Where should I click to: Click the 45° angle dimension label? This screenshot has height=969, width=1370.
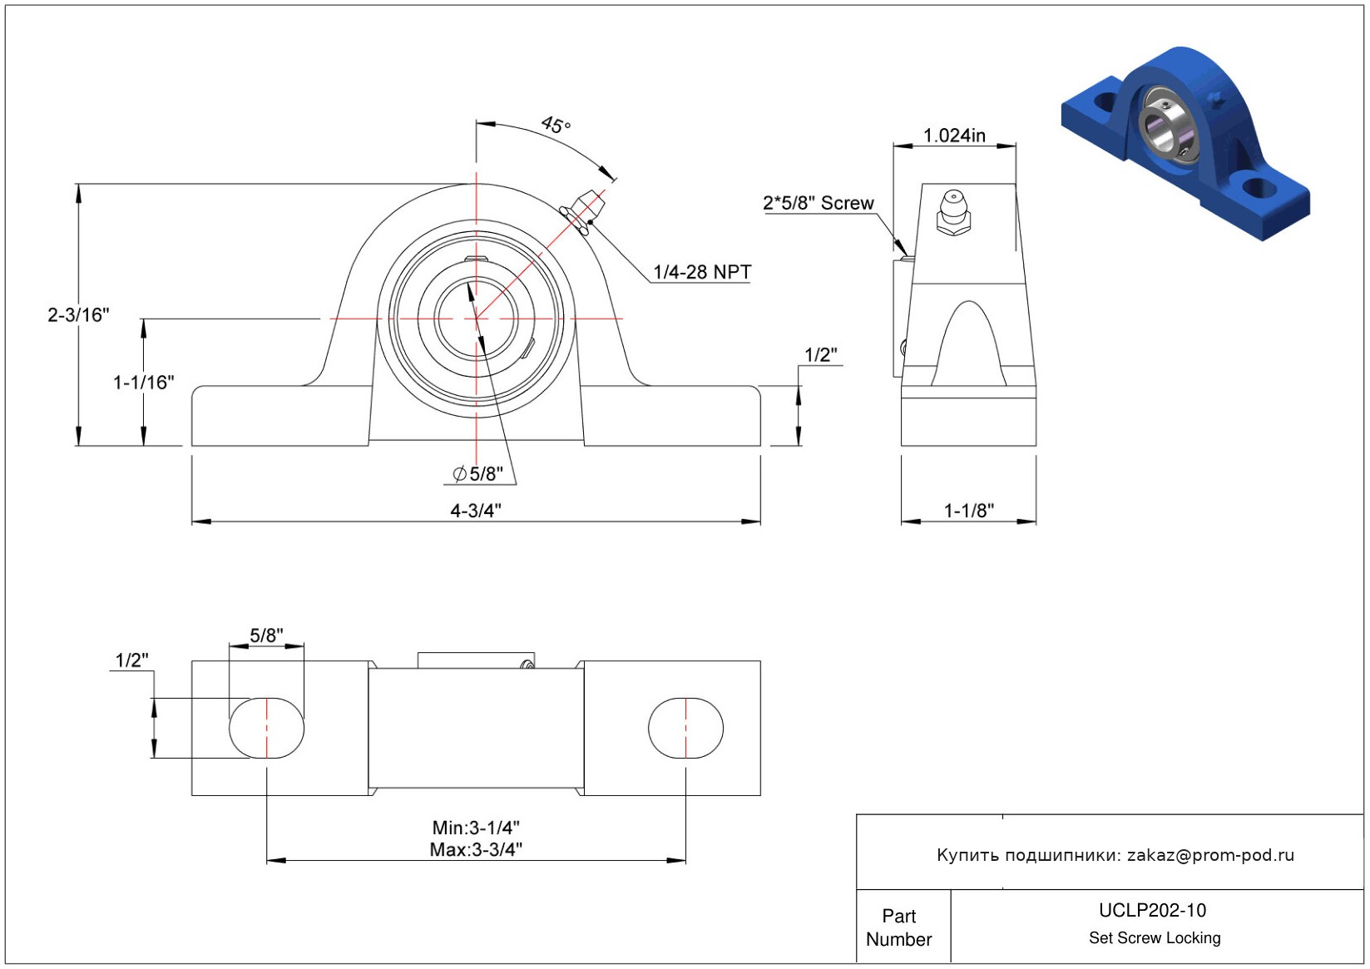point(556,125)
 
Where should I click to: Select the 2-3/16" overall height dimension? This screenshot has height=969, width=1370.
point(78,315)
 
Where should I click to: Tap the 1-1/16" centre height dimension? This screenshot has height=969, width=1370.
point(144,383)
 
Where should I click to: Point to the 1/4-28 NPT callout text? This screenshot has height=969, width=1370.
point(702,272)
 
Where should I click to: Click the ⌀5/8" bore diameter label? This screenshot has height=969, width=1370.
point(477,473)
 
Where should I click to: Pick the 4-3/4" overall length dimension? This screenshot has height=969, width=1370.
point(476,510)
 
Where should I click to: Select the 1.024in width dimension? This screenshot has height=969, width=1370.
point(954,136)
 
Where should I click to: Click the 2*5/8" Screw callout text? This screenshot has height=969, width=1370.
point(819,203)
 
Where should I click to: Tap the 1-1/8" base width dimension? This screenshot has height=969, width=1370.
point(969,511)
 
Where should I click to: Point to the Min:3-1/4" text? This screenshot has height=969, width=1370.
point(476,828)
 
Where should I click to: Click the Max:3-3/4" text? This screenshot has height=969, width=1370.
point(476,850)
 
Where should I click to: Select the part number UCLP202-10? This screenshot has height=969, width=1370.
point(1152,911)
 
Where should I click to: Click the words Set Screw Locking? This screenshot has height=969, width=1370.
point(1155,937)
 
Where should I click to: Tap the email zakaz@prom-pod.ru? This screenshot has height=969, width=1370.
point(1210,855)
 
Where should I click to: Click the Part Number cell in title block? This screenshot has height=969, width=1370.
point(899,927)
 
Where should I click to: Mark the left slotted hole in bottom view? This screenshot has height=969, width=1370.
point(267,728)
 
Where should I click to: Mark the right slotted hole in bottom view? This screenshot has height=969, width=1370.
point(685,728)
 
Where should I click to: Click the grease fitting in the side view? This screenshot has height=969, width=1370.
point(953,213)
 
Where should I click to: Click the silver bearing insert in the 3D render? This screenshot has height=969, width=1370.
point(1167,127)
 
